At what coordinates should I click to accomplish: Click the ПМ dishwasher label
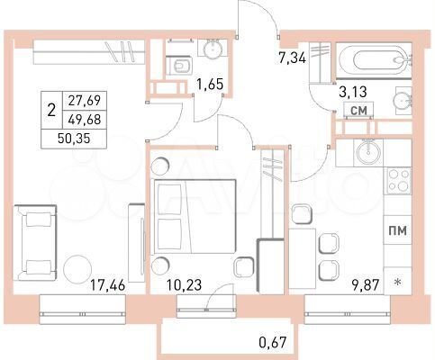point(397,231)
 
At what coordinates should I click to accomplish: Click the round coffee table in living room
point(79,269)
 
